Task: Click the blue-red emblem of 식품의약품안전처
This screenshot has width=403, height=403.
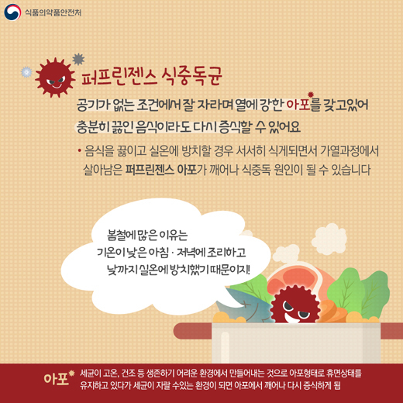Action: [x=12, y=12]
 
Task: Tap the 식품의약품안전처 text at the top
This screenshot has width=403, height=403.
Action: [x=53, y=12]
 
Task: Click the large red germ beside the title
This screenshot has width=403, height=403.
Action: [x=55, y=77]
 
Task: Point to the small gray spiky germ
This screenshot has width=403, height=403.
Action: [x=78, y=59]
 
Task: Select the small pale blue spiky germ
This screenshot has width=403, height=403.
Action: [x=26, y=72]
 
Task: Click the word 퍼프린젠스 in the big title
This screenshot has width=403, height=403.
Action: [x=119, y=76]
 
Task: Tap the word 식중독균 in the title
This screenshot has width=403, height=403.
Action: [x=191, y=76]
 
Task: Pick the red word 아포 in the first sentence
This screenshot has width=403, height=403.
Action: [x=298, y=105]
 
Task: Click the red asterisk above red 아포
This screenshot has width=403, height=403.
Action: [x=311, y=95]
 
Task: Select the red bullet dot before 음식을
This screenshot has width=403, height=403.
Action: [x=80, y=150]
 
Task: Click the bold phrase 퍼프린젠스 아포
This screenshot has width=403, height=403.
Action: [x=161, y=170]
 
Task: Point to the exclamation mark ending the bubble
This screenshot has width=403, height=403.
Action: [x=248, y=270]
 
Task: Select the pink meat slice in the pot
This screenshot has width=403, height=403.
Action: [x=300, y=277]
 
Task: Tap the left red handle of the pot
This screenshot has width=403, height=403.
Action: [x=192, y=331]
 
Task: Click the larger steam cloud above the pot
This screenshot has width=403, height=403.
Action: [x=329, y=239]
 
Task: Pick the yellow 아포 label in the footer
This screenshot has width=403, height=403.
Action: [x=56, y=379]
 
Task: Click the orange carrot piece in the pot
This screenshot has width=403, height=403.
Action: [x=332, y=311]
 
